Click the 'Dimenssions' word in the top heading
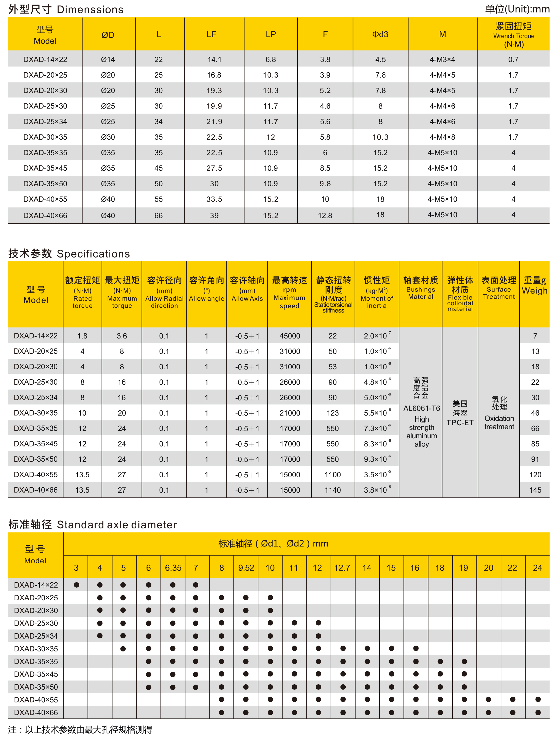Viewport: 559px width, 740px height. [90, 9]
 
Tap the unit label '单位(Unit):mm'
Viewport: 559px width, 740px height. [517, 9]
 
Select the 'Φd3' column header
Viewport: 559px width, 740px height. [380, 34]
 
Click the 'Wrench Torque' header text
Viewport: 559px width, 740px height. [514, 36]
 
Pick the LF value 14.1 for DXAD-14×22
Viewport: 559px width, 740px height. [214, 59]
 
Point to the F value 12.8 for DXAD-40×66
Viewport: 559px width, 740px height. [325, 215]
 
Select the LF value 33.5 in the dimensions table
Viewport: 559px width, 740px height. [214, 199]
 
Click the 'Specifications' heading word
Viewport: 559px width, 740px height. [93, 254]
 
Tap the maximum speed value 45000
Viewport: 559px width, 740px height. [290, 336]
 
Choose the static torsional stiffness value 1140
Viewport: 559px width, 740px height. [332, 490]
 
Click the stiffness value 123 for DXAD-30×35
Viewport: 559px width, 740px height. [332, 413]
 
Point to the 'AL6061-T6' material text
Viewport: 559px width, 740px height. [421, 408]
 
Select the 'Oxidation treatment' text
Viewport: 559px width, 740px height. [499, 422]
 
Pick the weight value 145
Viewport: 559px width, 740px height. [535, 490]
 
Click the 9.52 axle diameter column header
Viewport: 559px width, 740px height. [246, 568]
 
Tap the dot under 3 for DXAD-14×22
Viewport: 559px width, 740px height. [76, 585]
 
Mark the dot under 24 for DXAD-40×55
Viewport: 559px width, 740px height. [538, 699]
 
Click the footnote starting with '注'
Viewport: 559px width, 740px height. [80, 730]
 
